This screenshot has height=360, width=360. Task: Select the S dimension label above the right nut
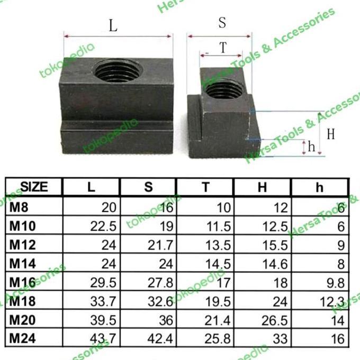click(x=222, y=23)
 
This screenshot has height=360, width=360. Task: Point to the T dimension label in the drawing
click(x=223, y=48)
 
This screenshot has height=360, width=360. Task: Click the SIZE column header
click(x=34, y=187)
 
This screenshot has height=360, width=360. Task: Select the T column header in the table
click(x=205, y=187)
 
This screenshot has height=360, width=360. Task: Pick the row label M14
click(x=22, y=263)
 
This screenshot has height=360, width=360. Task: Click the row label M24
click(x=22, y=338)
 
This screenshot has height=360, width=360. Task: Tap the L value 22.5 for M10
click(x=104, y=227)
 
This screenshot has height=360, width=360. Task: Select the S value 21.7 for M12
click(x=161, y=245)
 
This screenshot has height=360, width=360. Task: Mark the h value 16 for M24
click(x=338, y=338)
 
